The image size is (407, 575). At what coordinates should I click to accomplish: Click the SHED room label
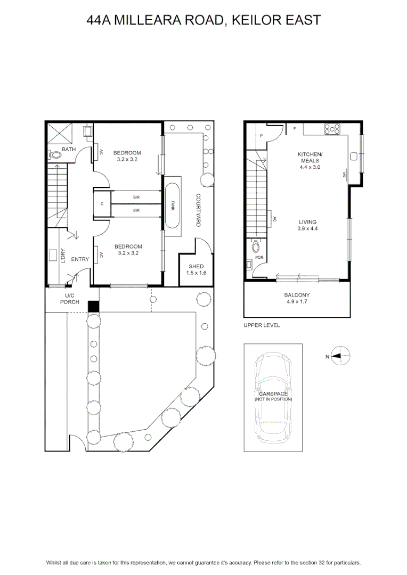point(196,267)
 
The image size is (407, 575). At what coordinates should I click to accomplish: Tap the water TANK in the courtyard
point(173,206)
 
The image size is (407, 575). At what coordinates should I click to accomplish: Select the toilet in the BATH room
point(55,155)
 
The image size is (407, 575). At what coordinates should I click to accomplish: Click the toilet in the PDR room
point(256,247)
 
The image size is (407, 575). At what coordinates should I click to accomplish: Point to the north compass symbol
point(340,356)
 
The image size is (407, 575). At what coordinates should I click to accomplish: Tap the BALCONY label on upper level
point(297,295)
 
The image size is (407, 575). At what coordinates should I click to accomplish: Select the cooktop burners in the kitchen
point(332,129)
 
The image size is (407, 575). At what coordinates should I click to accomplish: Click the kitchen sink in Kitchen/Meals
point(354,157)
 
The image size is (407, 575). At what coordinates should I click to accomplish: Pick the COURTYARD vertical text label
point(198,210)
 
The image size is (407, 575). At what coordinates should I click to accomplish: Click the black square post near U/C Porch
point(94,307)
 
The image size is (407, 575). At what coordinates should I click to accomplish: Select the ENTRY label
point(80,259)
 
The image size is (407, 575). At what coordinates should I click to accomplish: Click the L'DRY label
point(63,256)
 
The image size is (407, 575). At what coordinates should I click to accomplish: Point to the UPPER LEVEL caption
point(262,325)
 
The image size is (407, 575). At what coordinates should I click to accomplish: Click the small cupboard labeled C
point(102,204)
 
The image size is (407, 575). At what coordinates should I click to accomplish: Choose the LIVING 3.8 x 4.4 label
point(307,225)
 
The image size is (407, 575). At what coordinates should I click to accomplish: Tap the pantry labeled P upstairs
point(262,136)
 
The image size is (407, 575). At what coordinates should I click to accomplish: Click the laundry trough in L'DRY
point(53,255)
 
